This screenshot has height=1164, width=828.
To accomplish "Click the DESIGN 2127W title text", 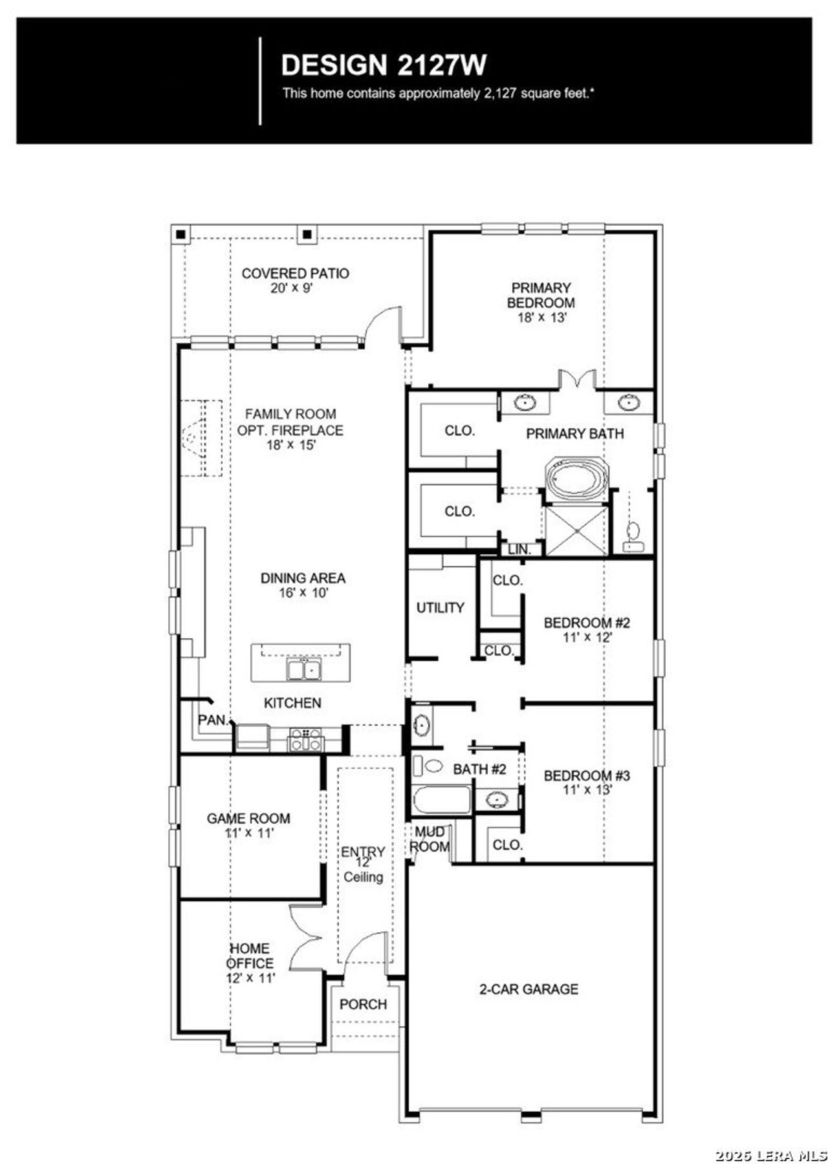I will pyautogui.click(x=384, y=65).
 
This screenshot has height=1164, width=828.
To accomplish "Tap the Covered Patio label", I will pyautogui.click(x=295, y=274).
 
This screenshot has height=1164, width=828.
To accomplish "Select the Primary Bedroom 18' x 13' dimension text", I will pyautogui.click(x=541, y=318).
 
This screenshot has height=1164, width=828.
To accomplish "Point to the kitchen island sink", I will pyautogui.click(x=303, y=670).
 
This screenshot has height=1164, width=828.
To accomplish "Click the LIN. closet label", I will pyautogui.click(x=519, y=550).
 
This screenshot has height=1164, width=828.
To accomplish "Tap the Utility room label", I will pyautogui.click(x=440, y=607).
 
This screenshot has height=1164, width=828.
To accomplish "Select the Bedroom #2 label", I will pyautogui.click(x=586, y=623).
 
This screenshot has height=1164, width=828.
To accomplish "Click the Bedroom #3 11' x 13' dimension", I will pyautogui.click(x=586, y=790).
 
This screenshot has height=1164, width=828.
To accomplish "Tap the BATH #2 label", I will pyautogui.click(x=479, y=769).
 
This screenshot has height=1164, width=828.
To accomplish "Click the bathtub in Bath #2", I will pyautogui.click(x=442, y=801).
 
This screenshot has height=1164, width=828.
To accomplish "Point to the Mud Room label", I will pyautogui.click(x=430, y=838).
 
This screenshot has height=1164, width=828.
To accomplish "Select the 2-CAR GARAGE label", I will pyautogui.click(x=528, y=989).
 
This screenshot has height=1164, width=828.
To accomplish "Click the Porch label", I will pyautogui.click(x=363, y=1004).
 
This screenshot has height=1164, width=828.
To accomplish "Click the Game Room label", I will pyautogui.click(x=248, y=818).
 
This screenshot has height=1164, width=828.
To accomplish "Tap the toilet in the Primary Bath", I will pyautogui.click(x=632, y=535).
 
